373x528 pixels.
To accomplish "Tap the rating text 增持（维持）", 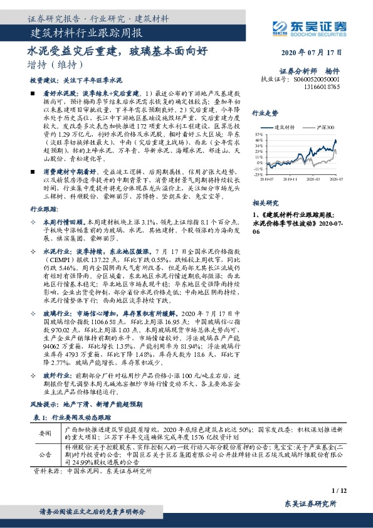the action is [x=55, y=65].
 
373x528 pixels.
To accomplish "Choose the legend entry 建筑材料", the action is [x=285, y=127].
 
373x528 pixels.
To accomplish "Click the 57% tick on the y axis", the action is [x=260, y=134].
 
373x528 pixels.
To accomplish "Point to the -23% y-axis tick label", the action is [x=259, y=175].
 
